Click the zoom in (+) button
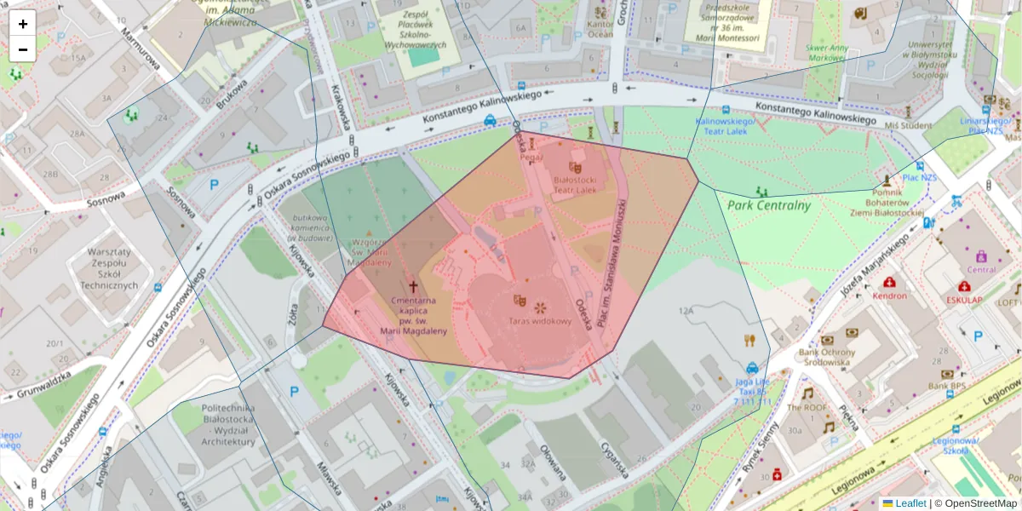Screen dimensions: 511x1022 tap(22, 23)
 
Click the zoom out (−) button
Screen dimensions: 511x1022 tap(22, 49)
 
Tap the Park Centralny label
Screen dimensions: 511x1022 tap(769, 204)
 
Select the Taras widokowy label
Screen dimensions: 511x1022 tap(539, 321)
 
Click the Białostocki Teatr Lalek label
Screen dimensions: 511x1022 tap(576, 185)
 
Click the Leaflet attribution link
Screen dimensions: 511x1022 tap(910, 503)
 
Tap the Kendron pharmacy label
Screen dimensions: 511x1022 tap(890, 296)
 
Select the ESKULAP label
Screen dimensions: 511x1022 tap(964, 300)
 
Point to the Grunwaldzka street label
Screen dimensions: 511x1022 tap(35, 384)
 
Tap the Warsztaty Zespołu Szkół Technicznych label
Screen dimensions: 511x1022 tap(112, 269)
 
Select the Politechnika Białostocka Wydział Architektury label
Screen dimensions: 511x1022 tap(229, 425)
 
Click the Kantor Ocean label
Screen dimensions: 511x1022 tap(600, 29)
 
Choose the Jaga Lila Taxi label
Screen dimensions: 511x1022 tap(752, 392)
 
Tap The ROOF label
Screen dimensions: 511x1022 tap(807, 407)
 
